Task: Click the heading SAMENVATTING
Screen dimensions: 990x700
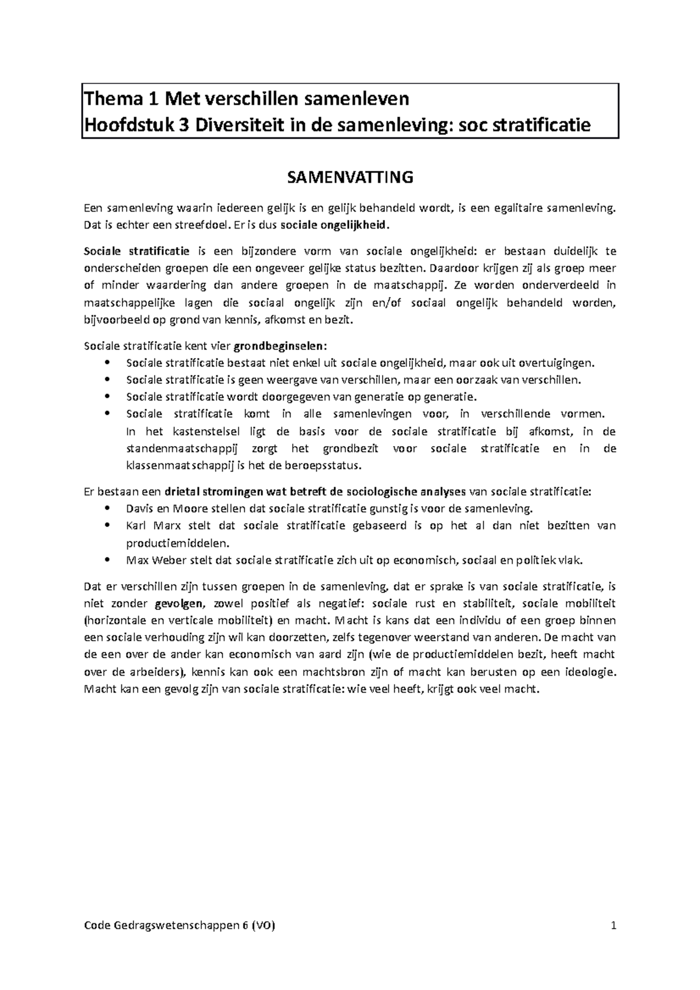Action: coord(350,177)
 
